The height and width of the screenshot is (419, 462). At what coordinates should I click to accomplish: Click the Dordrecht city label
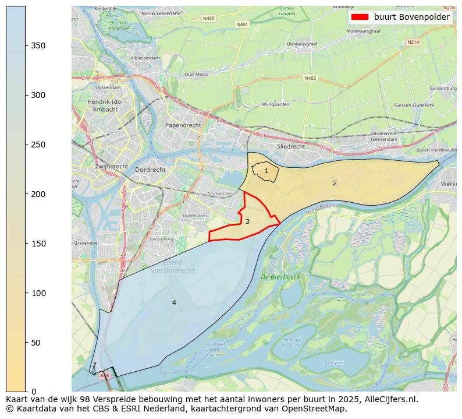coord(150,170)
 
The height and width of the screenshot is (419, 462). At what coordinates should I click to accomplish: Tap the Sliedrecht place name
coord(291,146)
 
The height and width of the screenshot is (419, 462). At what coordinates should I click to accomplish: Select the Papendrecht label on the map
coord(183,125)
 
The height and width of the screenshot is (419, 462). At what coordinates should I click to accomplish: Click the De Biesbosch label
coord(280,277)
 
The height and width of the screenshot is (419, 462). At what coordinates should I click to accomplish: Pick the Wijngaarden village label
coord(276,105)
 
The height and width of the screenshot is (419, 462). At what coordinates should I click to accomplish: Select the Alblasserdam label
coord(145,58)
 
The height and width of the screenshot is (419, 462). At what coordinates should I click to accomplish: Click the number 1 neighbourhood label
coord(266,171)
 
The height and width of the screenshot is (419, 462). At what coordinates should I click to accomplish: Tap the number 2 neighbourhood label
coord(335,183)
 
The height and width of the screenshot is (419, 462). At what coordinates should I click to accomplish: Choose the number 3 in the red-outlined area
coord(247,221)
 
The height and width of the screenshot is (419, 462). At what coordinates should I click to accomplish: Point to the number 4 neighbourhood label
coord(174,302)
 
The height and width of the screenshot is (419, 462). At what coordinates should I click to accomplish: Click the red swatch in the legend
coord(360,17)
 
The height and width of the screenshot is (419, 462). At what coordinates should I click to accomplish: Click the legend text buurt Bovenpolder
coord(411,17)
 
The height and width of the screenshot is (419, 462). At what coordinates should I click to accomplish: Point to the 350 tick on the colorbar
coord(38,45)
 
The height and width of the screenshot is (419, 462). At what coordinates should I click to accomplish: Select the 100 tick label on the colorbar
coord(38,293)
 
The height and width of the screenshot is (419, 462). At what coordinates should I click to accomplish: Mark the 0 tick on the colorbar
coord(34,392)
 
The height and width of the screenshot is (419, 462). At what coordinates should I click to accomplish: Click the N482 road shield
coord(310,78)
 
